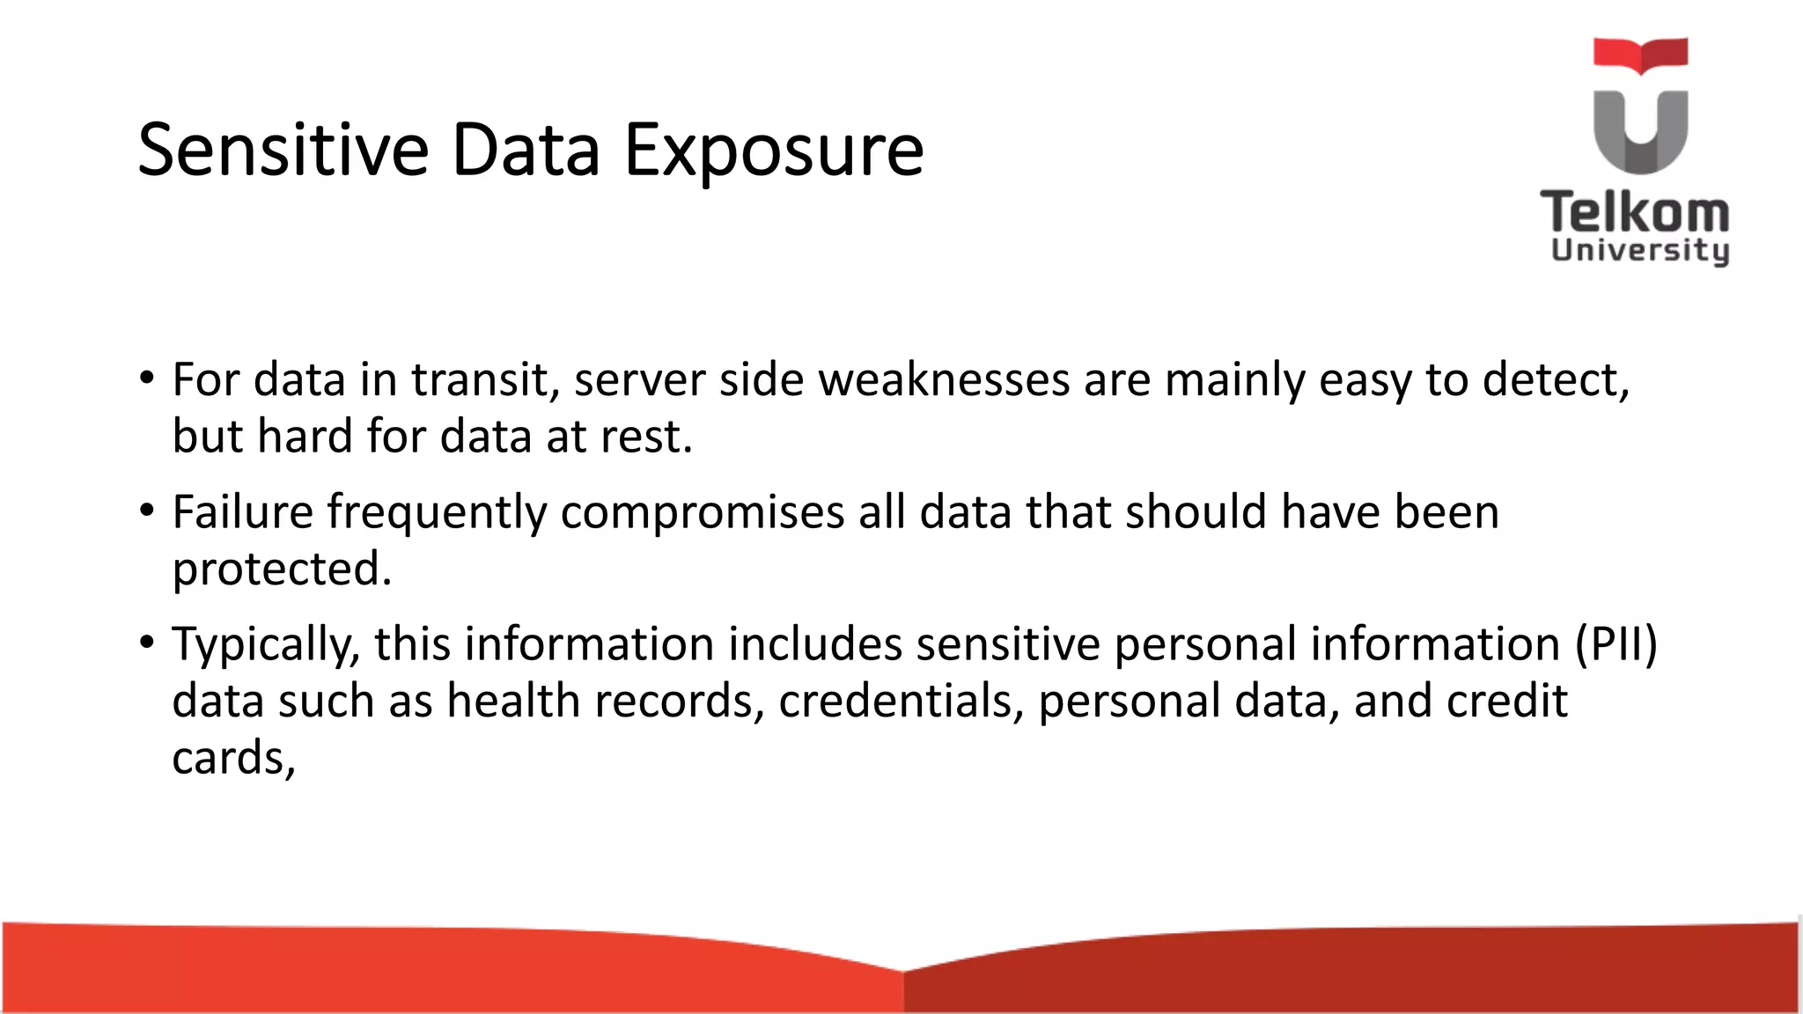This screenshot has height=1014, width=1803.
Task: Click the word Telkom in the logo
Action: click(1635, 213)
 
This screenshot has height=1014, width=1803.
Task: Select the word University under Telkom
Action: click(1639, 250)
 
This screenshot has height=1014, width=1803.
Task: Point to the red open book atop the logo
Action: click(1640, 55)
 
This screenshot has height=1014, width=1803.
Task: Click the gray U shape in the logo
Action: click(1640, 132)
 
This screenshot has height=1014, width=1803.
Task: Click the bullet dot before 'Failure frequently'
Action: click(147, 511)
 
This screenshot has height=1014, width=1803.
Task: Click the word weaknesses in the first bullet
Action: click(944, 380)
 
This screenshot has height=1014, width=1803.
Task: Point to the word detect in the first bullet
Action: click(1555, 380)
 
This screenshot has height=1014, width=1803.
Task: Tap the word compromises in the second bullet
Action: click(702, 513)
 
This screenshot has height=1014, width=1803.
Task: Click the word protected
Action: click(281, 569)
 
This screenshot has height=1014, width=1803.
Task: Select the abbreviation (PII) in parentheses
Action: click(1615, 644)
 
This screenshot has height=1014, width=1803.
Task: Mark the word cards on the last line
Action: click(232, 758)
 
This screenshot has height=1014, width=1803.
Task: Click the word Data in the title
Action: click(526, 150)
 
